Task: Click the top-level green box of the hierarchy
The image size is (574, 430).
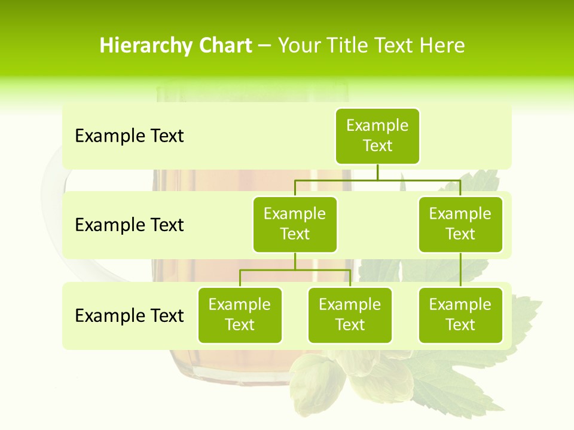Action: coord(377,136)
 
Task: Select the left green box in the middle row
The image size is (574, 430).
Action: coord(295,225)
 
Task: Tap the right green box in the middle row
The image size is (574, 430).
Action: coord(460,225)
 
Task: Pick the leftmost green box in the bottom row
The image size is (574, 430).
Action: coord(240,315)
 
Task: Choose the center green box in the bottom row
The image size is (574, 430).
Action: coord(350,315)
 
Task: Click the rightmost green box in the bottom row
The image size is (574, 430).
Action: coord(460,315)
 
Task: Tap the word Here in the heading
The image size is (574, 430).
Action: coord(441,46)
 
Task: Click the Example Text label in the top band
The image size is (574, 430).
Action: coord(129,136)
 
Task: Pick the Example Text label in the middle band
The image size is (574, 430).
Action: coord(129,225)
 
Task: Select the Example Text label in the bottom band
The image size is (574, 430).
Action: coord(129,315)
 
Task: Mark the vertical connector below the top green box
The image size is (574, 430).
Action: coord(377,172)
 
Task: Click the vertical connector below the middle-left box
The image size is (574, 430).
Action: coord(295,261)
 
